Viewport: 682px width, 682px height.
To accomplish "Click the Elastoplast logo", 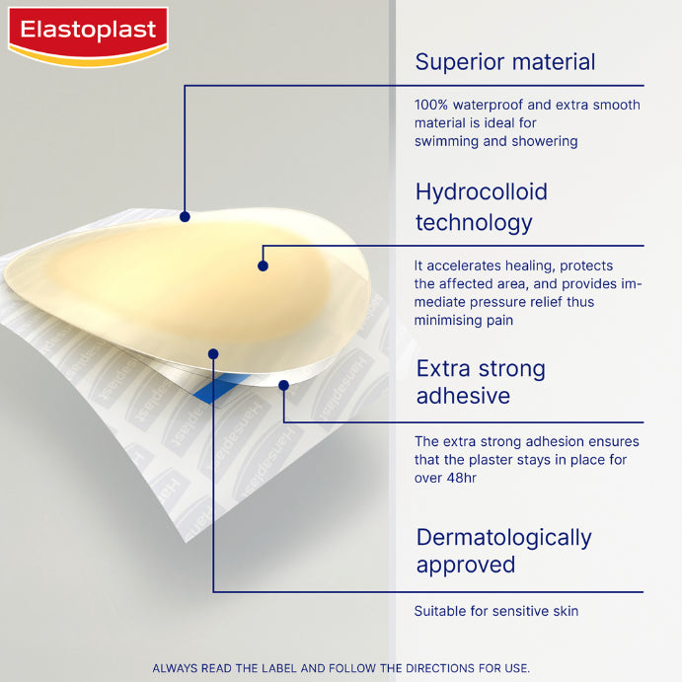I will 88,33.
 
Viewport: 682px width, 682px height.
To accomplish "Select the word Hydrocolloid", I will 481,191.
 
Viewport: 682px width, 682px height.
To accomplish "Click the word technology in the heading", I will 475,222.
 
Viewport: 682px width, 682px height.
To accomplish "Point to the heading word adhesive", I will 463,396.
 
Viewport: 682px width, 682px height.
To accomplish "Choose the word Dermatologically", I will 503,537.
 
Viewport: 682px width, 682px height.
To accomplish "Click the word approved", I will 465,565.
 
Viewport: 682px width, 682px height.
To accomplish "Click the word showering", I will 544,141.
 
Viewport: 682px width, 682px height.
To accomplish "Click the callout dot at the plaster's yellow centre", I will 263,265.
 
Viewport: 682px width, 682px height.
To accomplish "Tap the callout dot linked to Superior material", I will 185,216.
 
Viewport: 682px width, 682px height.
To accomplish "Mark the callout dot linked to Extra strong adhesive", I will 283,386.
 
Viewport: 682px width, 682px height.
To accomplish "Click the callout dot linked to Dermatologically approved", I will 212,352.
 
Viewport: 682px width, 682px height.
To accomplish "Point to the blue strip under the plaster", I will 212,391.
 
